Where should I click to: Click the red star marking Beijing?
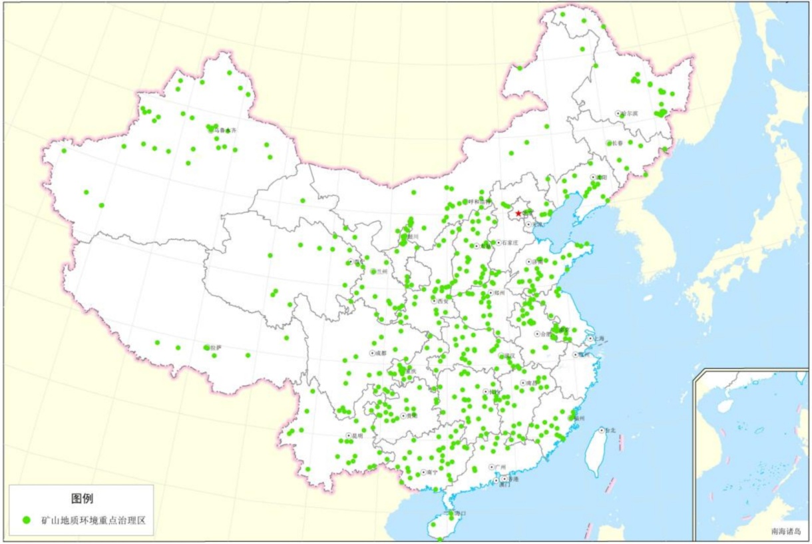tap(518, 214)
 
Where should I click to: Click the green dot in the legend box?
tap(27, 519)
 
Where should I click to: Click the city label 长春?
tap(618, 143)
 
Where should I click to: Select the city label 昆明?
tap(357, 436)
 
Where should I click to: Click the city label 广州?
tap(500, 467)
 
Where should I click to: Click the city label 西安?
tap(443, 301)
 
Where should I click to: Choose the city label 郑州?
tap(499, 292)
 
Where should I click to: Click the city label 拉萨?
tap(215, 348)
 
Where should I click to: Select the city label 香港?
tap(513, 479)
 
